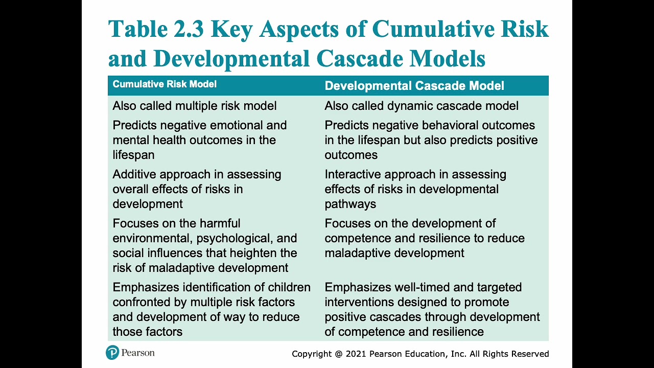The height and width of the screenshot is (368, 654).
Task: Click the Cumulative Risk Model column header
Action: click(165, 84)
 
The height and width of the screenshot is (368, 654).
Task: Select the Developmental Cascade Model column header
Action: click(414, 86)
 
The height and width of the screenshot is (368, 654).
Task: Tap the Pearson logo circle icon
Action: click(112, 353)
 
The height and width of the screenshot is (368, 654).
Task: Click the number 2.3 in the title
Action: click(189, 29)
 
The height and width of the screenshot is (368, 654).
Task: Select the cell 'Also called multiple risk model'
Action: click(194, 106)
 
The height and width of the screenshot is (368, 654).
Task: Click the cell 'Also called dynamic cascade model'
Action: click(422, 106)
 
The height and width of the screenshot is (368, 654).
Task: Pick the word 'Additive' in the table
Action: click(134, 174)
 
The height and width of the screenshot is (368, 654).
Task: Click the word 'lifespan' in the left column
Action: click(133, 155)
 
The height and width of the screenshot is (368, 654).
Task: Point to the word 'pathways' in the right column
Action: click(350, 204)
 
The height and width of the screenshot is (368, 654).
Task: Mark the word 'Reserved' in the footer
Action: click(530, 354)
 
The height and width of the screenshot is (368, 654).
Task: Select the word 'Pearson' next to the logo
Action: click(138, 353)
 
